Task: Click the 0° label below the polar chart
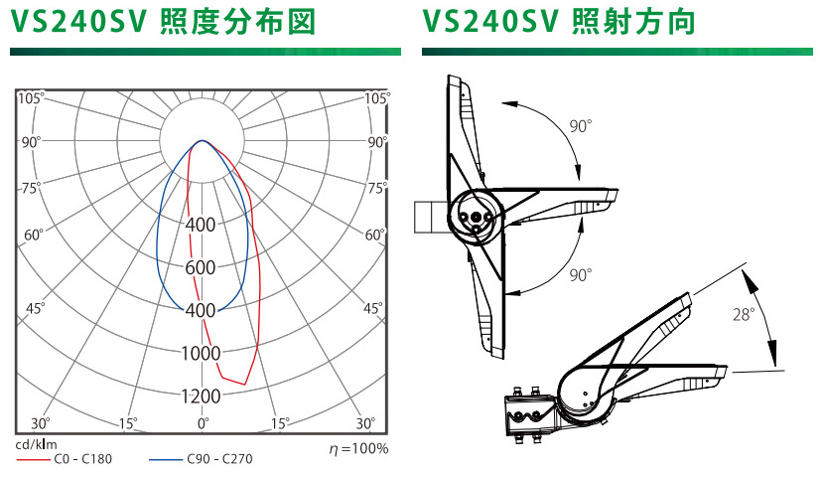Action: click(x=203, y=422)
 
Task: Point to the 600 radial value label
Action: click(x=201, y=267)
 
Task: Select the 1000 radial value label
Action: click(x=201, y=353)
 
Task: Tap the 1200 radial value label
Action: click(x=201, y=396)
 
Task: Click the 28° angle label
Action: click(x=744, y=314)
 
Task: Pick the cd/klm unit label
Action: click(x=37, y=444)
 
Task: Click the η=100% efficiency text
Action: click(x=359, y=448)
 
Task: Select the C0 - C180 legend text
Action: click(x=83, y=459)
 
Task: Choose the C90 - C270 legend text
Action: click(x=219, y=459)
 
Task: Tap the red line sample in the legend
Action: click(x=33, y=460)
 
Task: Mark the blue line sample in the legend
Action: click(x=166, y=460)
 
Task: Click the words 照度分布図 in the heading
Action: click(x=237, y=22)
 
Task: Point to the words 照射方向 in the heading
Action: click(x=633, y=22)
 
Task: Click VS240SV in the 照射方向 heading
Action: click(x=489, y=22)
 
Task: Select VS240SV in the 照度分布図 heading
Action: click(x=77, y=22)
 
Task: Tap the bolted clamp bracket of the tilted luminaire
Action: click(x=530, y=416)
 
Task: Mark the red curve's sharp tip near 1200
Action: click(x=245, y=385)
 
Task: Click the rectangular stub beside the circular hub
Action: click(x=431, y=217)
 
